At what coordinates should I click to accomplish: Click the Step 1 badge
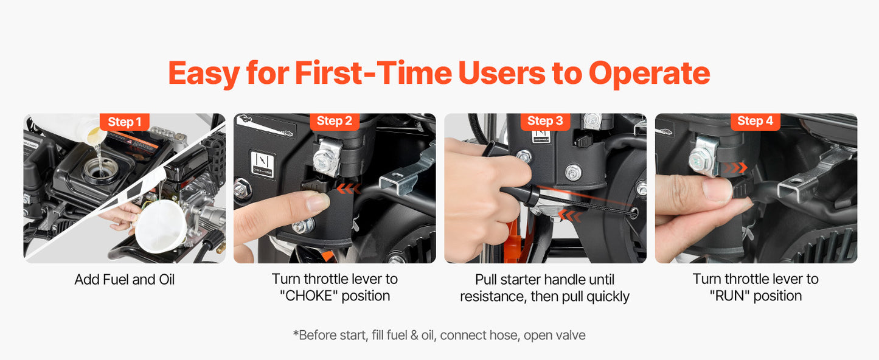point(124,122)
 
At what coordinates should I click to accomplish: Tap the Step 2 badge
point(335,121)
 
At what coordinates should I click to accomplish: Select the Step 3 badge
point(545,121)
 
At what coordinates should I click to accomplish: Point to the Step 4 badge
point(756,121)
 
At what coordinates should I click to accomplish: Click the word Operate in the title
point(650,74)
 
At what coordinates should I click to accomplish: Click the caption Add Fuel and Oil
point(124,280)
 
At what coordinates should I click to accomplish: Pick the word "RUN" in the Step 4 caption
point(729,296)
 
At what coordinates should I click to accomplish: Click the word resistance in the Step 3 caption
point(492,297)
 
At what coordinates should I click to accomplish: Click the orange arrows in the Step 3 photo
point(570,215)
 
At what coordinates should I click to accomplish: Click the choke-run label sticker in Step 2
point(263,164)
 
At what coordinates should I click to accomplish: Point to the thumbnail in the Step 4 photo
point(717,189)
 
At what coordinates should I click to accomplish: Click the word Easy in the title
point(204,74)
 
